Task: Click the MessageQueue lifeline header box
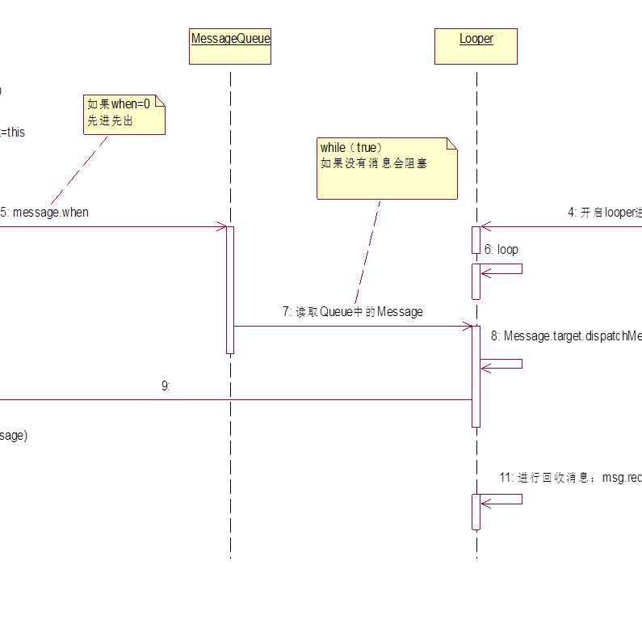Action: point(230,47)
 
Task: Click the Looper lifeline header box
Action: point(476,47)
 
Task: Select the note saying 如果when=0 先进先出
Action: point(125,114)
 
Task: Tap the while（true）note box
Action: point(387,168)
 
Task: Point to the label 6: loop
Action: point(501,250)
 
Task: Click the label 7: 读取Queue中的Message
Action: point(353,312)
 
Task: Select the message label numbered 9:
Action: point(166,386)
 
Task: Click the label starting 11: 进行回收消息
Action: point(570,478)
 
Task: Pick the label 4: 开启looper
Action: point(604,213)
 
